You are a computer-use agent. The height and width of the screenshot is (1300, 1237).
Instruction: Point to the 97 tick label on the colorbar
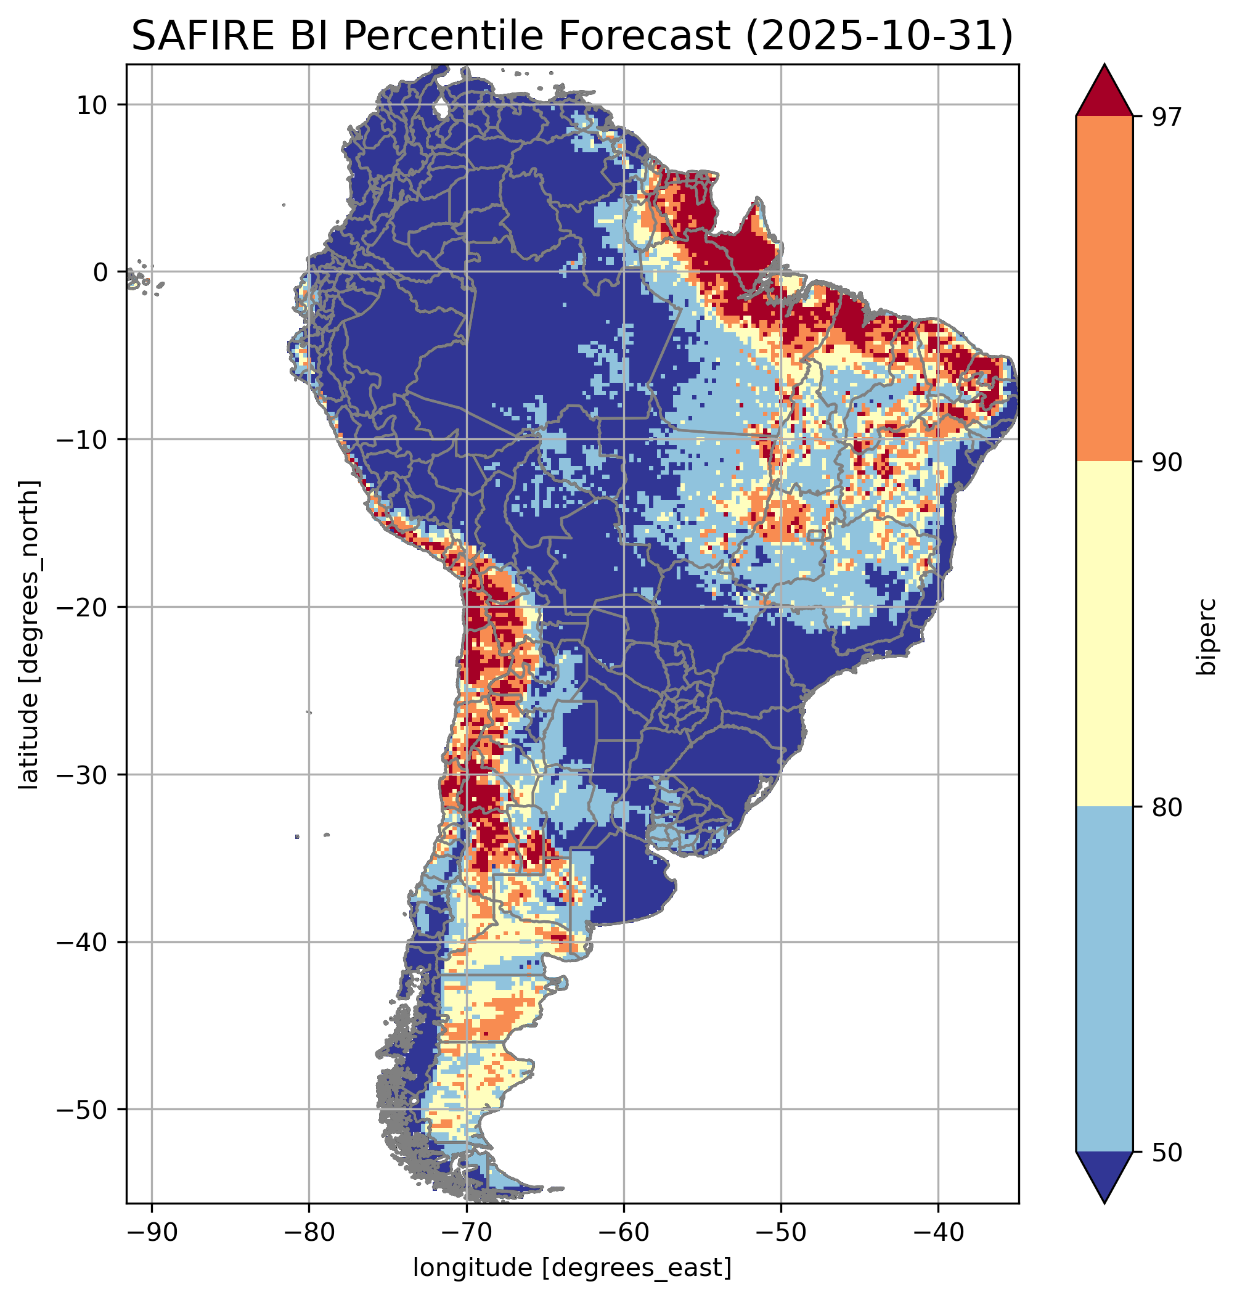coord(1167,117)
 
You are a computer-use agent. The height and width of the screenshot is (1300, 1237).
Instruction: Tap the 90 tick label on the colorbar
coord(1167,462)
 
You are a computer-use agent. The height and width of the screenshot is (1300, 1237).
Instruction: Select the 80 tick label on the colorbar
coord(1167,807)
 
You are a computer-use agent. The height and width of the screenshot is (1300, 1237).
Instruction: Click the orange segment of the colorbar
coord(1104,289)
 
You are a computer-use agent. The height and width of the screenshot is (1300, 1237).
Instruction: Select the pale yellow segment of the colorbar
coord(1104,633)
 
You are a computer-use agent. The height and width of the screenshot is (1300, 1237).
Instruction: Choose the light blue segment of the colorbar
coord(1104,979)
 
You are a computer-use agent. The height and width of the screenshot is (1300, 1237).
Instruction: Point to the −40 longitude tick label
coord(937,1232)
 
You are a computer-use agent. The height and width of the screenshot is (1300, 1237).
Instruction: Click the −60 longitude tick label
coord(623,1232)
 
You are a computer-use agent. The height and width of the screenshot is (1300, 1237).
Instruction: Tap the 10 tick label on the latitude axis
coord(92,105)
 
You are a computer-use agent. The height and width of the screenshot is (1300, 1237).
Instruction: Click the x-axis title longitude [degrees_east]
coord(572,1267)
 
